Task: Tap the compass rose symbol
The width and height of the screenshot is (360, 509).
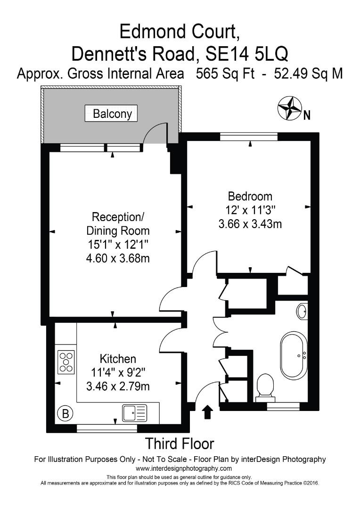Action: click(x=289, y=108)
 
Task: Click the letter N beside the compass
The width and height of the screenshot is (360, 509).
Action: click(x=307, y=115)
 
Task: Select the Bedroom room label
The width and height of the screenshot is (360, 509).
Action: click(x=250, y=196)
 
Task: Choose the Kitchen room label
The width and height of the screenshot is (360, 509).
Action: click(x=118, y=359)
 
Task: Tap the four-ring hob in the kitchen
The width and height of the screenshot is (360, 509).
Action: click(x=65, y=362)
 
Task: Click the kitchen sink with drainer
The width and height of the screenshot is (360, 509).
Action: click(x=135, y=413)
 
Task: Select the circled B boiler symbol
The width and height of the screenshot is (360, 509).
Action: click(x=65, y=414)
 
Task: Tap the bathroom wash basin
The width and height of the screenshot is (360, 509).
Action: click(x=302, y=312)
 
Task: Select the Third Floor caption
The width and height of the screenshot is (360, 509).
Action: click(x=179, y=443)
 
